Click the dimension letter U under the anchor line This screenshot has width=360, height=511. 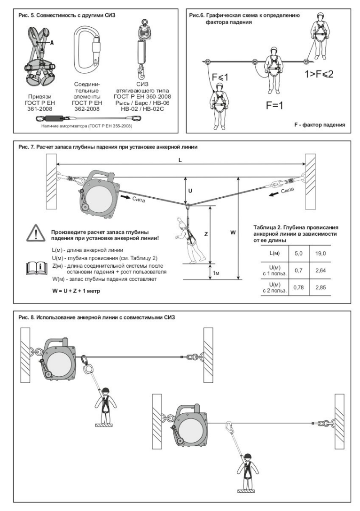pyautogui.click(x=190, y=191)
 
